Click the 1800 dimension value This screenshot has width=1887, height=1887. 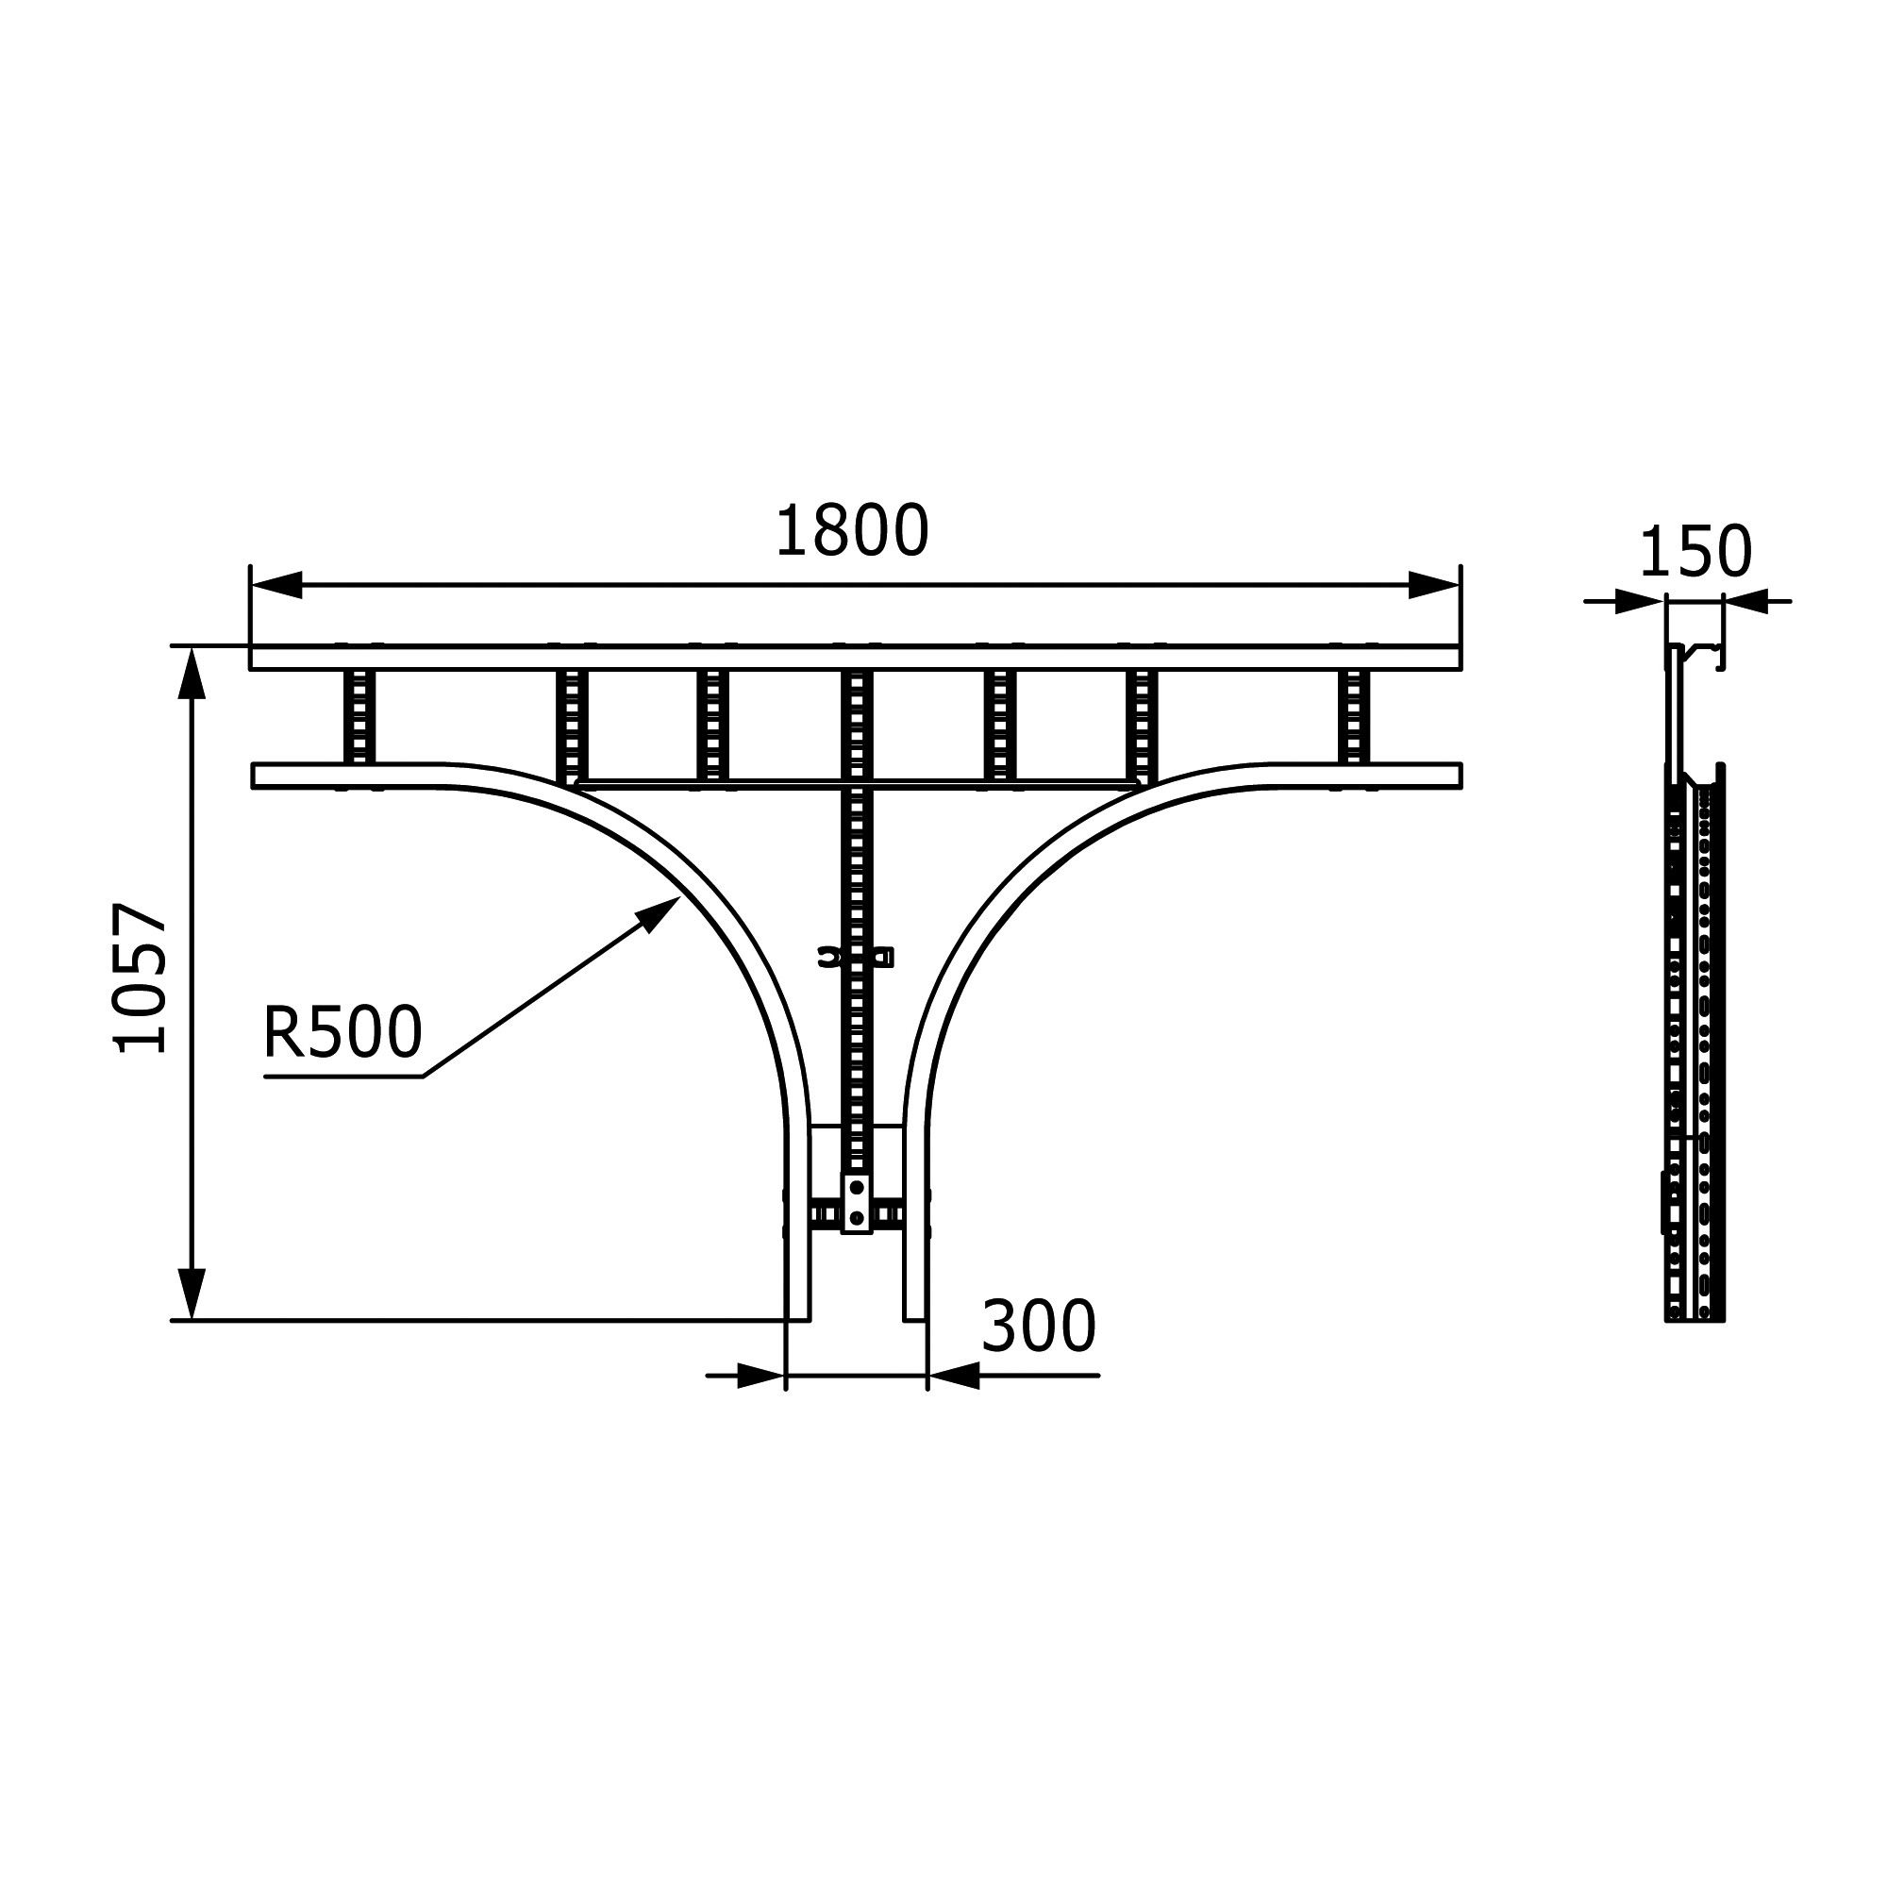point(852,531)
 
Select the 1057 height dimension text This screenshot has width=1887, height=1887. point(141,977)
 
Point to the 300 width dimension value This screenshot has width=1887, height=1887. point(1039,1327)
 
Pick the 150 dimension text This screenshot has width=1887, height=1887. point(1695,552)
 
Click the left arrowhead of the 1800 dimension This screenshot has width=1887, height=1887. point(276,585)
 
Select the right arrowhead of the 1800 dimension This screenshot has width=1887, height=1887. point(1434,585)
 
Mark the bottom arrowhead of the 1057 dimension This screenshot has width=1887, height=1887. point(192,1294)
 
